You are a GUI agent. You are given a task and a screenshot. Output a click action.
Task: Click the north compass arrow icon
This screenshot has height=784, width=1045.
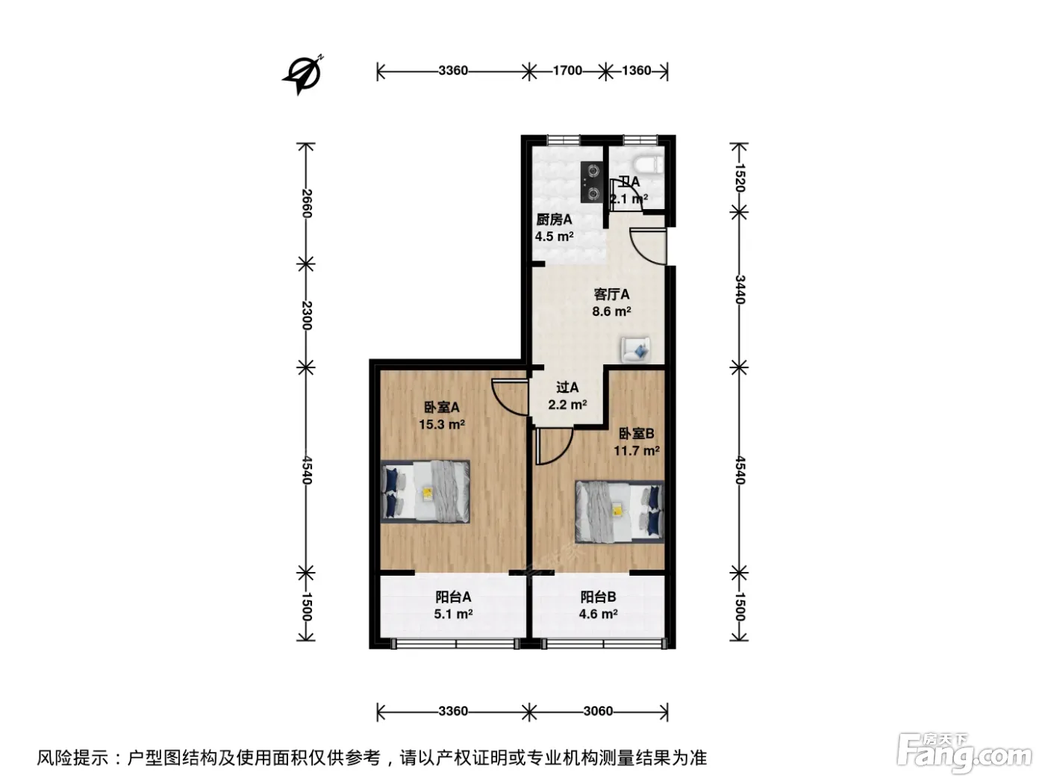pyautogui.click(x=303, y=75)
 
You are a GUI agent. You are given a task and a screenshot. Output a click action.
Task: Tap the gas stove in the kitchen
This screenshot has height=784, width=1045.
pyautogui.click(x=592, y=182)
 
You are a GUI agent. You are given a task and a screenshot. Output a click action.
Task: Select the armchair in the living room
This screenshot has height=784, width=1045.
pyautogui.click(x=635, y=350)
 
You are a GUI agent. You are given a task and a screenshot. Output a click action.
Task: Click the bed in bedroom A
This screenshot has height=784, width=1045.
pyautogui.click(x=425, y=491)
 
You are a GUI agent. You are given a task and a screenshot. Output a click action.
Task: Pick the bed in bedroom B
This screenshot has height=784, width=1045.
pyautogui.click(x=620, y=511)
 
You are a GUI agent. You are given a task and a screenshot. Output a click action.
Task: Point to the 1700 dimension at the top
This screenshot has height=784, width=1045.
pyautogui.click(x=567, y=71)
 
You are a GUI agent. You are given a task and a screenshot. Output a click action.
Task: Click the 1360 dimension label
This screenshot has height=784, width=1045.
pyautogui.click(x=636, y=71)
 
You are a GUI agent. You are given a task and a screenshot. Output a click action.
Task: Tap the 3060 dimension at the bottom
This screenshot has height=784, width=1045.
pyautogui.click(x=598, y=711)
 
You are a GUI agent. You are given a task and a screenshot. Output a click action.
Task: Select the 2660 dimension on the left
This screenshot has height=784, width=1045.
pyautogui.click(x=307, y=203)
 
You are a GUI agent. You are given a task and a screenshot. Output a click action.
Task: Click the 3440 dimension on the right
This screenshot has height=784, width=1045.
pyautogui.click(x=740, y=289)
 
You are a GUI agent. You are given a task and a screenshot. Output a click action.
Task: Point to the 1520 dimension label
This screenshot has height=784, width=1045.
pyautogui.click(x=740, y=177)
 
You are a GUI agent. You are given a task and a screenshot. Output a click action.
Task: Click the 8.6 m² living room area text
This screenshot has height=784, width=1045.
pyautogui.click(x=611, y=312)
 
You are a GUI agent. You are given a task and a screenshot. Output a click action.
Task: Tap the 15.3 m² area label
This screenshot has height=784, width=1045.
pyautogui.click(x=442, y=424)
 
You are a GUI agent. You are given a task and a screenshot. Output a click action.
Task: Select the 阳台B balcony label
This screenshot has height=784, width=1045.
pyautogui.click(x=598, y=597)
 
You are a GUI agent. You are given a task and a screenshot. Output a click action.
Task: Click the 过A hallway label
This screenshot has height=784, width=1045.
pyautogui.click(x=567, y=388)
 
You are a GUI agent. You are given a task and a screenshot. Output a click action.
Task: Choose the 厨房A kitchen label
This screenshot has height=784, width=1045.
pyautogui.click(x=554, y=220)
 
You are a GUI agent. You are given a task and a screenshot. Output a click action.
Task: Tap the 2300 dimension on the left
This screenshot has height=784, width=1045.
pyautogui.click(x=307, y=315)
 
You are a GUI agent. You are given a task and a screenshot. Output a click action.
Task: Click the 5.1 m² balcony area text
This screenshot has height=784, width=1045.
pyautogui.click(x=453, y=614)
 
